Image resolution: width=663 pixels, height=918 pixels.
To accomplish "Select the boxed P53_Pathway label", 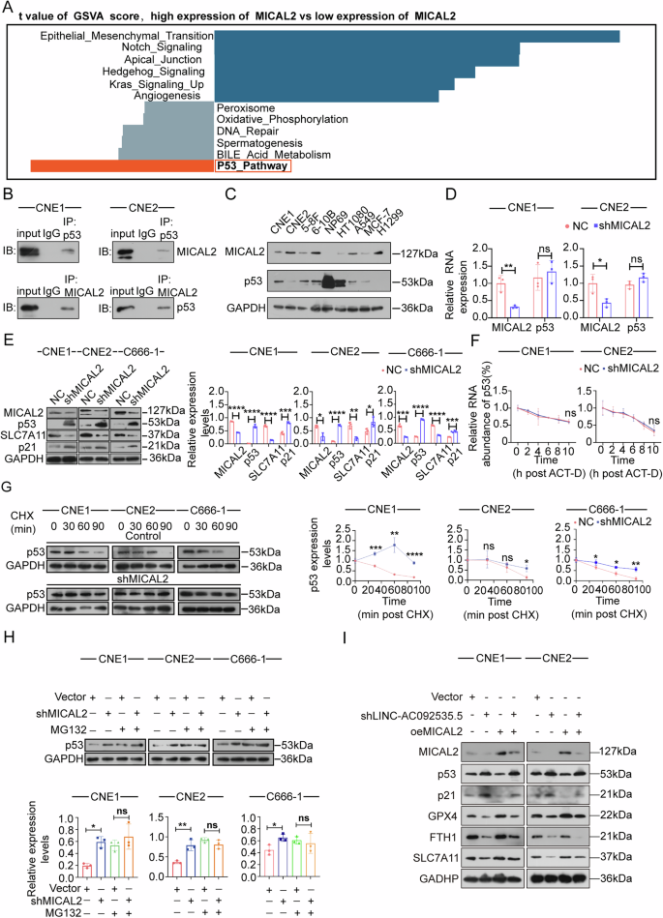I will [x=253, y=166].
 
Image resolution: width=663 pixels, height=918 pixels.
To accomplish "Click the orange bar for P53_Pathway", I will [x=121, y=166].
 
